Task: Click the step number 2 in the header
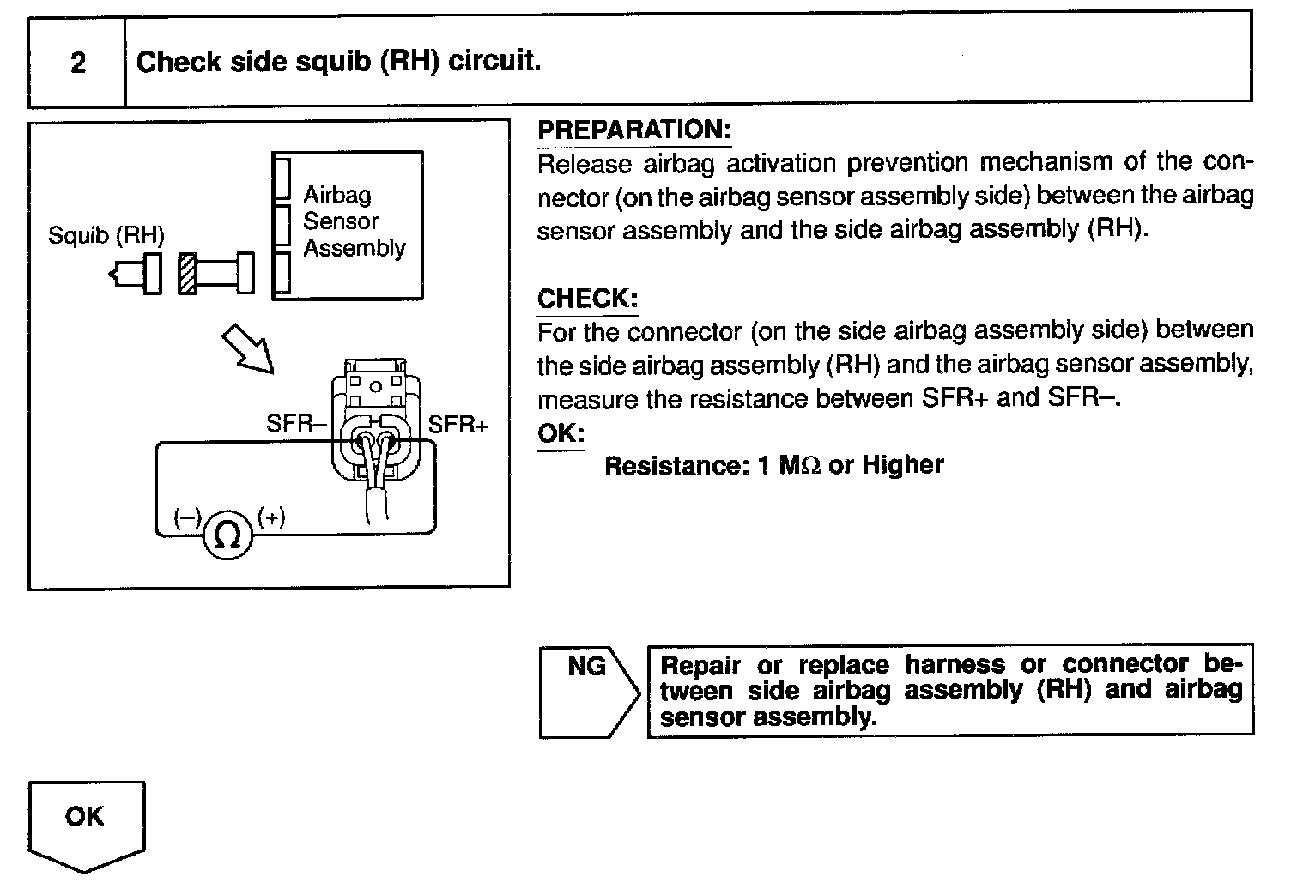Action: coord(78,63)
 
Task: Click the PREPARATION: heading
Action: coord(633,130)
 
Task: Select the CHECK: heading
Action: coord(587,299)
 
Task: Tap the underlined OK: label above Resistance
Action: coord(560,432)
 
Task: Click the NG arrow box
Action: coord(588,691)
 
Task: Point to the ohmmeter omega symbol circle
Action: coord(227,535)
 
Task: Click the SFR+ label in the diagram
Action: coord(458,424)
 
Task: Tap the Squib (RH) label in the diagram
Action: coord(106,235)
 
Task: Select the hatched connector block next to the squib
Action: coord(188,274)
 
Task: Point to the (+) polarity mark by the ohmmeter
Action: coord(271,517)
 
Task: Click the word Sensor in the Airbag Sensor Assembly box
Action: coord(340,221)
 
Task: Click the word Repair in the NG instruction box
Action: coord(700,665)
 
